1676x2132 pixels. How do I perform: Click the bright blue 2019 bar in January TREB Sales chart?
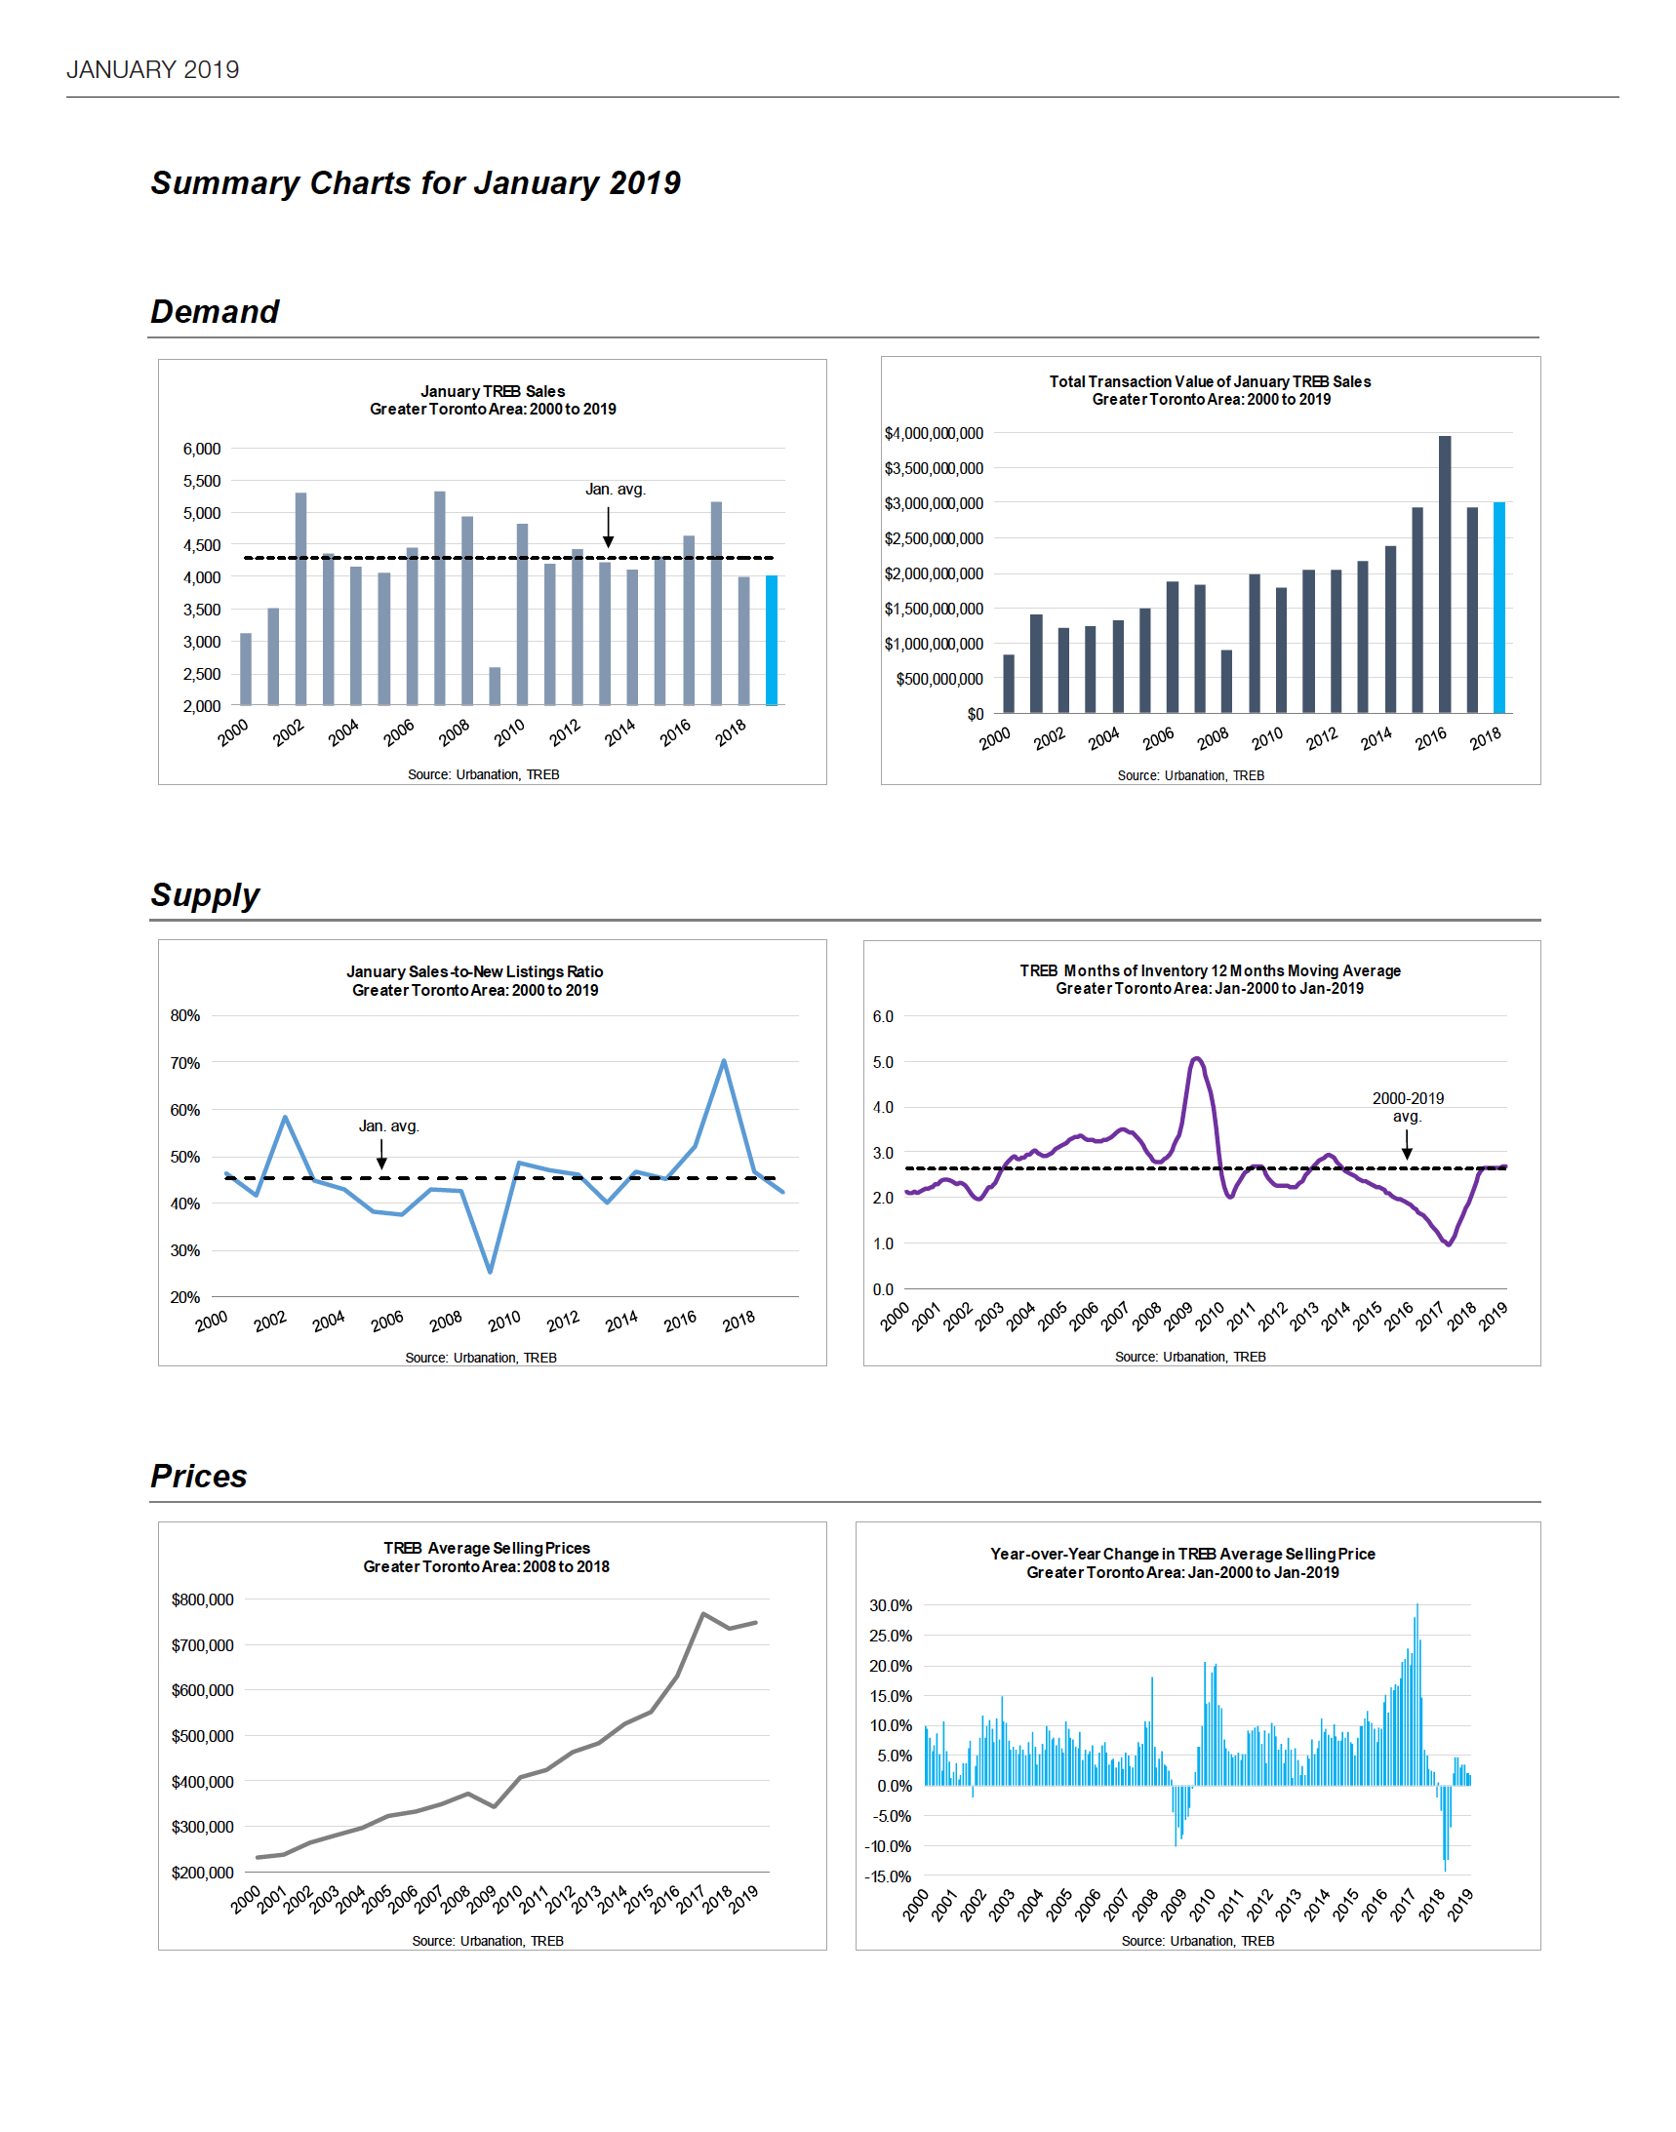(772, 640)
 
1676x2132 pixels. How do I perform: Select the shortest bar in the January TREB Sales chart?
(495, 686)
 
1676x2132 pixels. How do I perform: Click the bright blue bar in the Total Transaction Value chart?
(1499, 608)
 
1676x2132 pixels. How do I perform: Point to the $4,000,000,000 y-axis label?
(934, 433)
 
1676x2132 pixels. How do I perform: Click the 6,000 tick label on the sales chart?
(202, 449)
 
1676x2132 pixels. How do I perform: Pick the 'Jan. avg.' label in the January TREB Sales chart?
(616, 489)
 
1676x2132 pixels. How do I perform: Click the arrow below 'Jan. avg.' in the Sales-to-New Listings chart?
(381, 1154)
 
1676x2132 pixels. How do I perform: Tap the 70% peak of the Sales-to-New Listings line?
(723, 1060)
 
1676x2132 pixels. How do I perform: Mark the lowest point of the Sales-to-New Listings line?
(490, 1272)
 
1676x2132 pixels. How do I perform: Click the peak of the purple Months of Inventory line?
(1196, 1058)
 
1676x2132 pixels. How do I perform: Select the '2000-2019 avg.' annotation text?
(1407, 1107)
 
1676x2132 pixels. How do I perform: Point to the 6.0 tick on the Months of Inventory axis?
(883, 1016)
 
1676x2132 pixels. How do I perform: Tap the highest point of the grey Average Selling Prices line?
(702, 1613)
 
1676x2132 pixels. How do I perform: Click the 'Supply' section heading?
(205, 894)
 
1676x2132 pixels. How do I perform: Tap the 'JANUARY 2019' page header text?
(153, 69)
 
